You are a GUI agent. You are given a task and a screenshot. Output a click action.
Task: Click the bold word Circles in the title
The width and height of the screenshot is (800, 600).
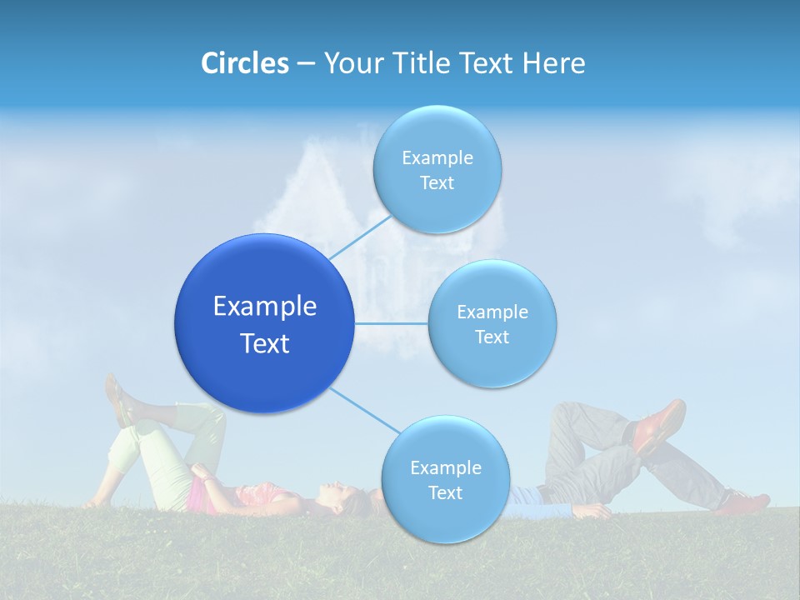244,63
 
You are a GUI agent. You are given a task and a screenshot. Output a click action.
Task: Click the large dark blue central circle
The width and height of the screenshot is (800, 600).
264,323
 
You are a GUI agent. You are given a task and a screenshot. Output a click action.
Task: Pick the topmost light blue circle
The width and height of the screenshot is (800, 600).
437,169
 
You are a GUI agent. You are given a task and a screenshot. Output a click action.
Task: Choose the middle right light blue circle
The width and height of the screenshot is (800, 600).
492,323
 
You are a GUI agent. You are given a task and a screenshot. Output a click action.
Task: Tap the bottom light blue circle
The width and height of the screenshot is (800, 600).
445,479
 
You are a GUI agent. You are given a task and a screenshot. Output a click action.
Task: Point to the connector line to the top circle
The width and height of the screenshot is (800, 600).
360,236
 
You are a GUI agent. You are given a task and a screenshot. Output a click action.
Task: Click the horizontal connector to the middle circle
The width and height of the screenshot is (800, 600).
391,323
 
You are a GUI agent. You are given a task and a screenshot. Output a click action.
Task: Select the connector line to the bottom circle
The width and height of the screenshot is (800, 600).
364,410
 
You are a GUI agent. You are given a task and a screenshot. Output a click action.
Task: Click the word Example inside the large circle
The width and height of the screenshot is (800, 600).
264,307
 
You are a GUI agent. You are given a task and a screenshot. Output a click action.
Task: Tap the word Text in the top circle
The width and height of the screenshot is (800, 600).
437,183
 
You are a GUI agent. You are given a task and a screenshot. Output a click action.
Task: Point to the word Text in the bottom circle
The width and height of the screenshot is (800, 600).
445,493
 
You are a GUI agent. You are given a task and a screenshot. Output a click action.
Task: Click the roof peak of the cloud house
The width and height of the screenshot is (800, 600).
317,139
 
